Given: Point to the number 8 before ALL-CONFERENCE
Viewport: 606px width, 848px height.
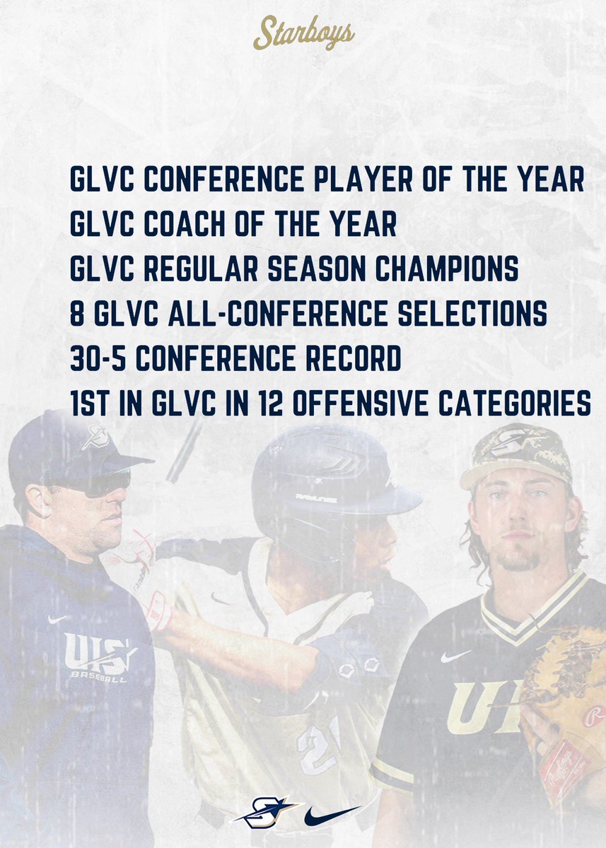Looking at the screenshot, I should [77, 314].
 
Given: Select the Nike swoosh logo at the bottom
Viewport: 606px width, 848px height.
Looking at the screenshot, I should [332, 815].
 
